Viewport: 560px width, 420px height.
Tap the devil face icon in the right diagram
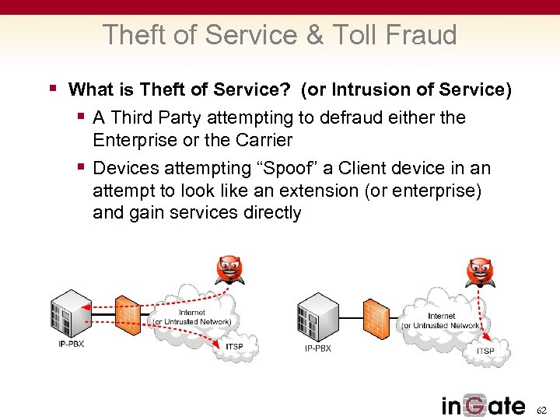480,272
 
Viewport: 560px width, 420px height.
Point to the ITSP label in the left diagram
235,346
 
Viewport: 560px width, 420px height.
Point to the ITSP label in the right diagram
485,351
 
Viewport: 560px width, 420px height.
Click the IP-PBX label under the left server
70,344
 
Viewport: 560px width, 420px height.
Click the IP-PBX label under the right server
317,348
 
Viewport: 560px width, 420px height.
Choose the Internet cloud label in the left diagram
191,317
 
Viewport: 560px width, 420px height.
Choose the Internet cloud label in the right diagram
441,320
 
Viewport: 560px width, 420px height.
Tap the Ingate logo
483,404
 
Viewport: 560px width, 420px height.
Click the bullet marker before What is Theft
53,89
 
